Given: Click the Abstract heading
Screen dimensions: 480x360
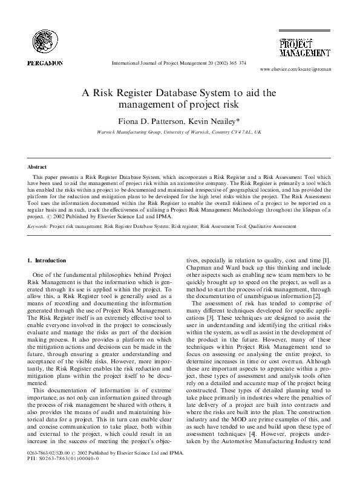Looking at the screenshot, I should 38,166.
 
